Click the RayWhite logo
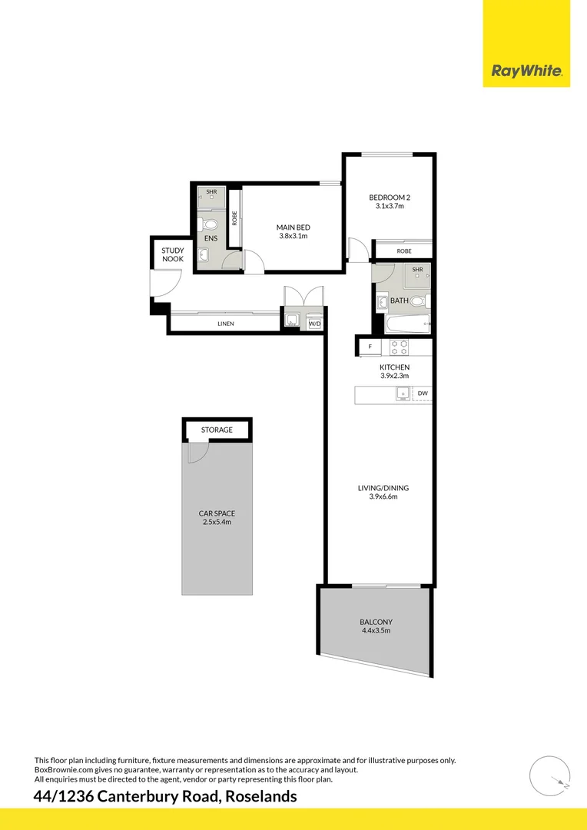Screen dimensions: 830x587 [x=527, y=71]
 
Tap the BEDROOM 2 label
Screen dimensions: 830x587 [x=390, y=198]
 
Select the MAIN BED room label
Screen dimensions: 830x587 [x=293, y=227]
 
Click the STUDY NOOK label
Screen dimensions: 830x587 [x=171, y=254]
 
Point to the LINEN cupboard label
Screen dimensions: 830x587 [x=225, y=324]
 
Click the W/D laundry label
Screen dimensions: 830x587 [x=314, y=324]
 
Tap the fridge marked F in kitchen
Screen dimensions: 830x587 [x=370, y=347]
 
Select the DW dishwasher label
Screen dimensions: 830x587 [x=422, y=394]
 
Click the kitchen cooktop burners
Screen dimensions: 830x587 [x=400, y=346]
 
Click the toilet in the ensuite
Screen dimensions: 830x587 [x=207, y=224]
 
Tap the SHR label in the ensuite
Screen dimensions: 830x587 [x=211, y=191]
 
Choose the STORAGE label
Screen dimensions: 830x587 [x=217, y=430]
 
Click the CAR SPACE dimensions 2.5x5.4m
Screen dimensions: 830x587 [x=216, y=523]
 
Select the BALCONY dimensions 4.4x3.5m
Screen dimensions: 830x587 [x=376, y=632]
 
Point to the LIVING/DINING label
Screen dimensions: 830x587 [x=383, y=488]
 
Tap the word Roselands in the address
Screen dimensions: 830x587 [x=260, y=797]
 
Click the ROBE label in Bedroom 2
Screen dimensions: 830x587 [x=404, y=251]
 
